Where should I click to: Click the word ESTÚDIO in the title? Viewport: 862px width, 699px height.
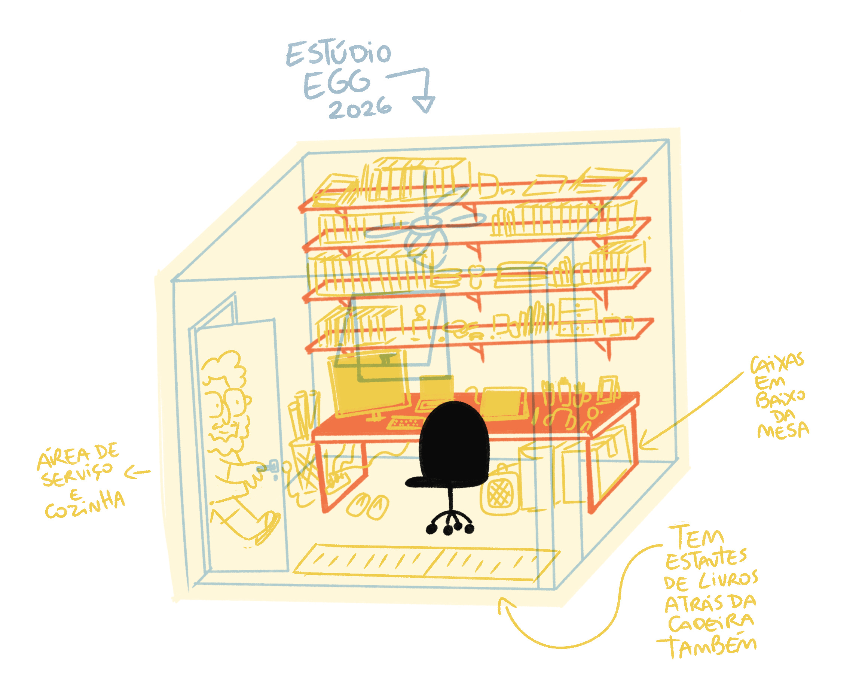pos(338,54)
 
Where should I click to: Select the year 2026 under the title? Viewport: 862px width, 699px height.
pos(360,108)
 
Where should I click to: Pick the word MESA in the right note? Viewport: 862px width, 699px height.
pos(783,431)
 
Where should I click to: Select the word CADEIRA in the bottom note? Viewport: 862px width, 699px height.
pos(710,623)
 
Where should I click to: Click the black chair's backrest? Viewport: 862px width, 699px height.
pos(453,439)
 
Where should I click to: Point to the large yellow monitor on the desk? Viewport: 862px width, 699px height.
pos(368,385)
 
